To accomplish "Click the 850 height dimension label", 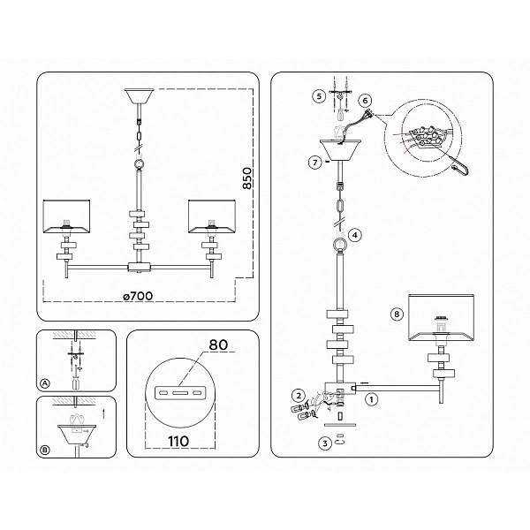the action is click(x=247, y=178).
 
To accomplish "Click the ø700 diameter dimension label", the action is click(x=139, y=296).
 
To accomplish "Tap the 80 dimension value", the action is click(x=218, y=345).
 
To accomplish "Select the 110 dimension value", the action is click(x=178, y=441).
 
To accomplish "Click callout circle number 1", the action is click(x=372, y=399).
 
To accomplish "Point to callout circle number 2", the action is click(x=299, y=396).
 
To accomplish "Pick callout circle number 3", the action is click(x=325, y=443).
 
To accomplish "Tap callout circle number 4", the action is click(x=354, y=235).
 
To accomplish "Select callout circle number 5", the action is click(x=319, y=96).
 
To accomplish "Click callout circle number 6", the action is click(x=365, y=101).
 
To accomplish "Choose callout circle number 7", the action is click(x=315, y=163).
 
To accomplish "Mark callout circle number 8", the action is click(x=397, y=314).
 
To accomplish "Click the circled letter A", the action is click(x=45, y=383).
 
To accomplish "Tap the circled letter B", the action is click(x=45, y=450).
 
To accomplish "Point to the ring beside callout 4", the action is click(x=338, y=245).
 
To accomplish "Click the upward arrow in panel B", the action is click(x=103, y=414).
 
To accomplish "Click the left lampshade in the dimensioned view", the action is click(x=66, y=216).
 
